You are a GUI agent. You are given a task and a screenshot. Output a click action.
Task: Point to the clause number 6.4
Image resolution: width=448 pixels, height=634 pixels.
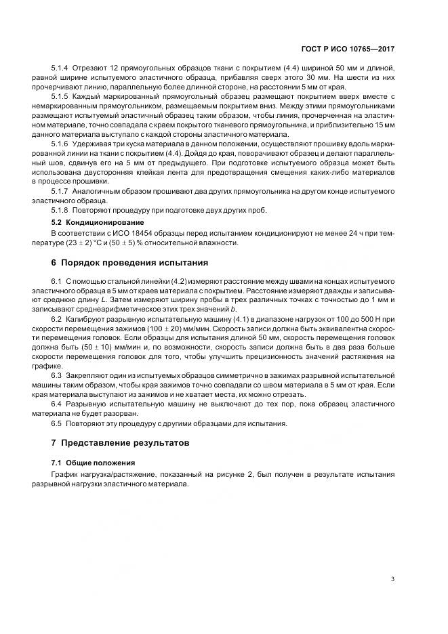click(x=57, y=404)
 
